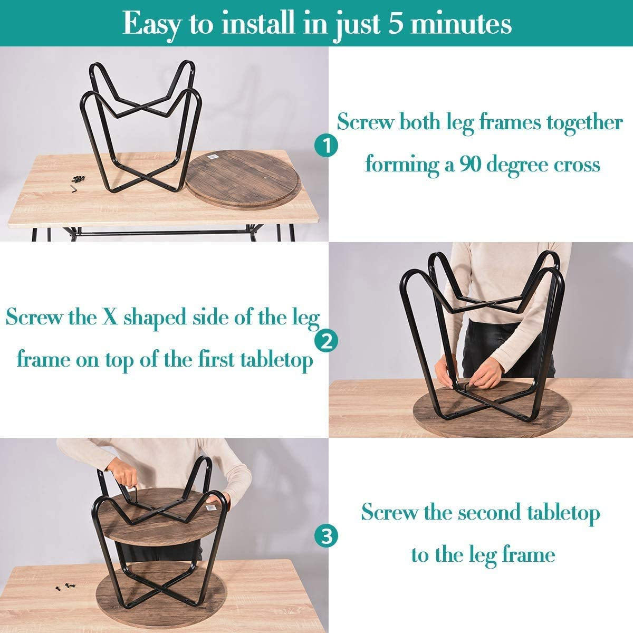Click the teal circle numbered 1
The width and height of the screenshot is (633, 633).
tap(326, 146)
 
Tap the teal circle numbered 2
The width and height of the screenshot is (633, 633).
tap(326, 342)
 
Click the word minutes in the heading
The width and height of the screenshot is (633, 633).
tap(461, 24)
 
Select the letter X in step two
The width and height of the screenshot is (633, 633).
tap(109, 318)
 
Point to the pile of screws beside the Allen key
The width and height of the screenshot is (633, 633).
tap(79, 179)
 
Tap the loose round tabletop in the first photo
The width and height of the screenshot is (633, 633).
tap(243, 180)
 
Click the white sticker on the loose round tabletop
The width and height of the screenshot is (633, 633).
tap(213, 157)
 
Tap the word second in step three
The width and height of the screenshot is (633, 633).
tap(490, 512)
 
